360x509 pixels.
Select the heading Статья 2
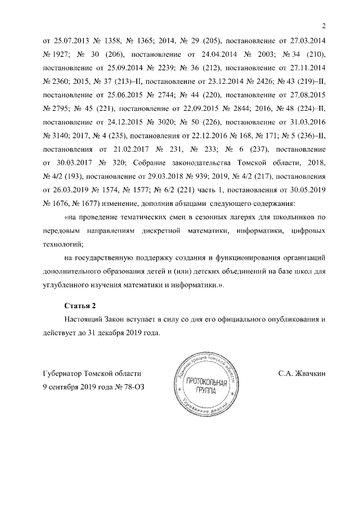[x=80, y=305]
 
